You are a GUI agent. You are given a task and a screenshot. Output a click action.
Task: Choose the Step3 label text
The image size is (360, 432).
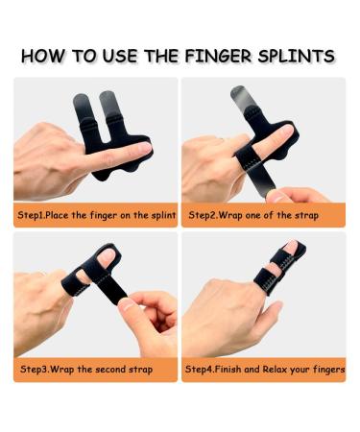coord(34,368)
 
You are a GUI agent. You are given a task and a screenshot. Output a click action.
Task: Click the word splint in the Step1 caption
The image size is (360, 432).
coord(161,216)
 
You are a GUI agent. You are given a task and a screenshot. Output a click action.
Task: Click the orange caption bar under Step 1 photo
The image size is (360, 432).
coord(96,216)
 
